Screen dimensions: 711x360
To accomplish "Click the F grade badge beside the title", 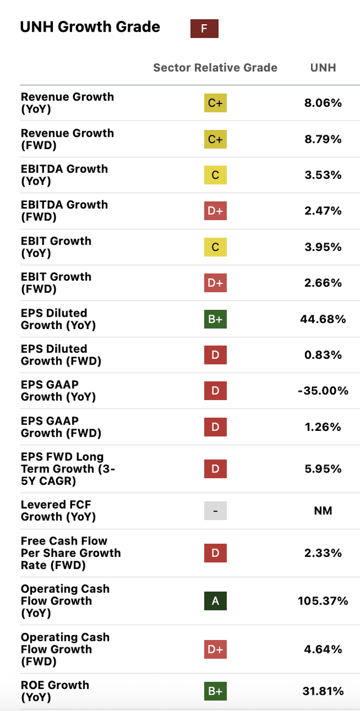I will click(204, 28).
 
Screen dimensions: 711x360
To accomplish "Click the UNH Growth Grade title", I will click(90, 27).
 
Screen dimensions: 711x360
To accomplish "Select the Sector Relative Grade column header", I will click(215, 67).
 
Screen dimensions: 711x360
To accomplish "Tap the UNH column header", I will click(323, 67).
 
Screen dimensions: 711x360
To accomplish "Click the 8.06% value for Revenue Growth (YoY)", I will click(323, 103).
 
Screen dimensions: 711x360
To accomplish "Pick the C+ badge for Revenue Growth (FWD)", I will click(215, 139).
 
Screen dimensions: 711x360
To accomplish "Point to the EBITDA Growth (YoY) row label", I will click(64, 175).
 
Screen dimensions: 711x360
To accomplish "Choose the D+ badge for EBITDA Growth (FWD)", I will click(215, 211).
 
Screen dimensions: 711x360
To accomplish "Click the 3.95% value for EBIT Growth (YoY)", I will click(323, 247).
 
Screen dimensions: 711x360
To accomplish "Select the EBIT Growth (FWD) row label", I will click(56, 283).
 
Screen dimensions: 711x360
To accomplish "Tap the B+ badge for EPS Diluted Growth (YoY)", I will click(215, 319).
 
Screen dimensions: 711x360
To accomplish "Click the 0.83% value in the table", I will click(323, 355).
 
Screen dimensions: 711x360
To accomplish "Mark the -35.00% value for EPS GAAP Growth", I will click(323, 391).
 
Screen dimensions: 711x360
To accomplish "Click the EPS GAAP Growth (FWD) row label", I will click(61, 427).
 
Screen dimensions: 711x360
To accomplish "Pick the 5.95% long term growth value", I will click(323, 469).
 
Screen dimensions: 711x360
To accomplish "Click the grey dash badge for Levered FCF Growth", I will click(215, 511).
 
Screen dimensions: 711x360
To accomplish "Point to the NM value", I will click(323, 511).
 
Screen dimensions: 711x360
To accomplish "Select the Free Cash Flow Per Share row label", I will click(70, 553).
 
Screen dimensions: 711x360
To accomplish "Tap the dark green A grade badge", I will click(215, 601).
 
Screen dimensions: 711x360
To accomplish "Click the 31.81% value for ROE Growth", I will click(323, 691).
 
